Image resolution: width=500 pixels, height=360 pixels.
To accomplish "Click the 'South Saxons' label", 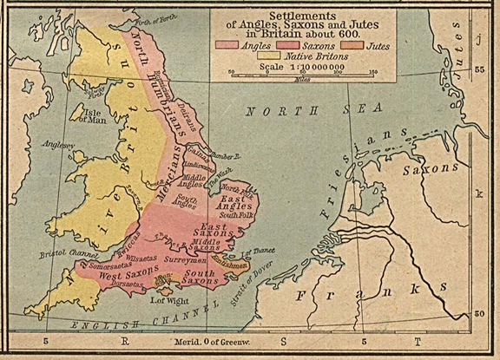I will pos(199,277).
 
